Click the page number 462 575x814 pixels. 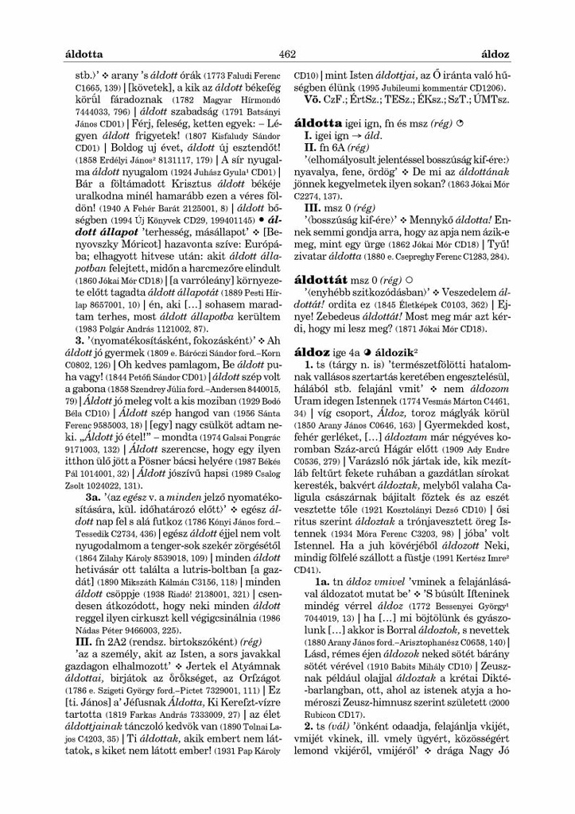point(287,54)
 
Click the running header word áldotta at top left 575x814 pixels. point(83,54)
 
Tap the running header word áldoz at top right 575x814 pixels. point(496,54)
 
